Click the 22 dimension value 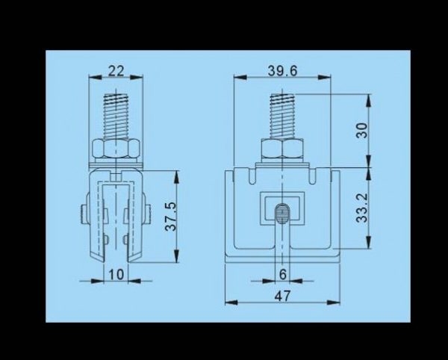pyautogui.click(x=116, y=71)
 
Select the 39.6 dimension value pyautogui.click(x=282, y=71)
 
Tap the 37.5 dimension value pyautogui.click(x=172, y=216)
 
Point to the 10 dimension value pyautogui.click(x=116, y=275)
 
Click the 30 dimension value pyautogui.click(x=362, y=130)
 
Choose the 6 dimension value pyautogui.click(x=282, y=275)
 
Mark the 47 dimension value pyautogui.click(x=282, y=296)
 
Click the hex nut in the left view pyautogui.click(x=116, y=149)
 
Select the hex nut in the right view pyautogui.click(x=282, y=149)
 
